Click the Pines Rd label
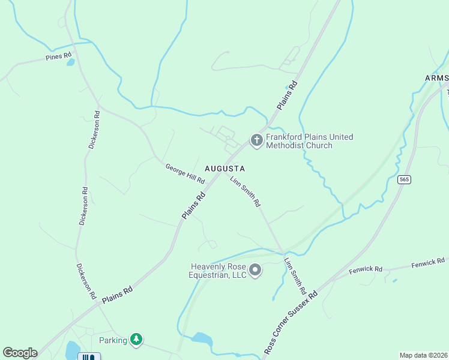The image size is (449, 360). pyautogui.click(x=58, y=58)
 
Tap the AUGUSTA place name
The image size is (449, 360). pyautogui.click(x=224, y=168)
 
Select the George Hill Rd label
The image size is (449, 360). pyautogui.click(x=185, y=173)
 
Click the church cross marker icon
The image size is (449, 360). pyautogui.click(x=256, y=141)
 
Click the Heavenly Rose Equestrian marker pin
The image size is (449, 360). pyautogui.click(x=255, y=271)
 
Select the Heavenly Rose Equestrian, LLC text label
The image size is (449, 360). pyautogui.click(x=218, y=271)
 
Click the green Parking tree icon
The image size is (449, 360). pyautogui.click(x=137, y=340)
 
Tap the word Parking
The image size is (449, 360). pyautogui.click(x=113, y=340)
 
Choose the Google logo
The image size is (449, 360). pyautogui.click(x=20, y=353)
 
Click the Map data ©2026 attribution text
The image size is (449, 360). pyautogui.click(x=423, y=355)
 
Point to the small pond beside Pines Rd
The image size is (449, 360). pyautogui.click(x=70, y=62)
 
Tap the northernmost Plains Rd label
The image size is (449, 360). pyautogui.click(x=288, y=94)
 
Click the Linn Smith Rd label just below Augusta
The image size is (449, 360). pyautogui.click(x=245, y=191)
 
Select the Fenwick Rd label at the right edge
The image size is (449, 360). pyautogui.click(x=427, y=262)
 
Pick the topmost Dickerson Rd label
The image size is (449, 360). pyautogui.click(x=93, y=130)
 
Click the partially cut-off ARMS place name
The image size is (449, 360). pyautogui.click(x=436, y=79)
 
